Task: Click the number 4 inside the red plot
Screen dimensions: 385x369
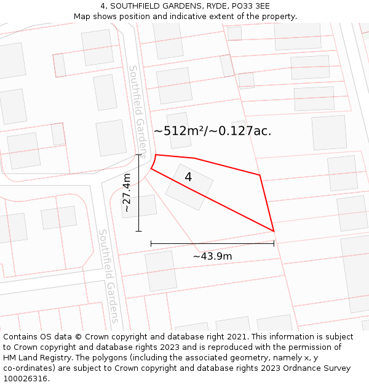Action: coord(188,177)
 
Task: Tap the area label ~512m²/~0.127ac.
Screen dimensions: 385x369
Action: coord(212,131)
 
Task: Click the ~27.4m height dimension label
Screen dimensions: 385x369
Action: coord(127,193)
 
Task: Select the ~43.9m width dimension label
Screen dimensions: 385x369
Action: coord(212,256)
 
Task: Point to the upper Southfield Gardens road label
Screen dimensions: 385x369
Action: coord(139,111)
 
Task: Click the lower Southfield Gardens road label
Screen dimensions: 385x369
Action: coord(109,276)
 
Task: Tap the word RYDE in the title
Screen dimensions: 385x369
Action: coord(216,6)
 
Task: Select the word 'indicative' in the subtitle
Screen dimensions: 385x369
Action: coord(196,16)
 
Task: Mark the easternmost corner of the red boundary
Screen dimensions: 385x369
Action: coord(274,232)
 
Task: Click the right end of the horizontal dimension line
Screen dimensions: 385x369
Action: coord(274,243)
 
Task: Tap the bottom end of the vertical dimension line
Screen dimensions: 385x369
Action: coord(138,232)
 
